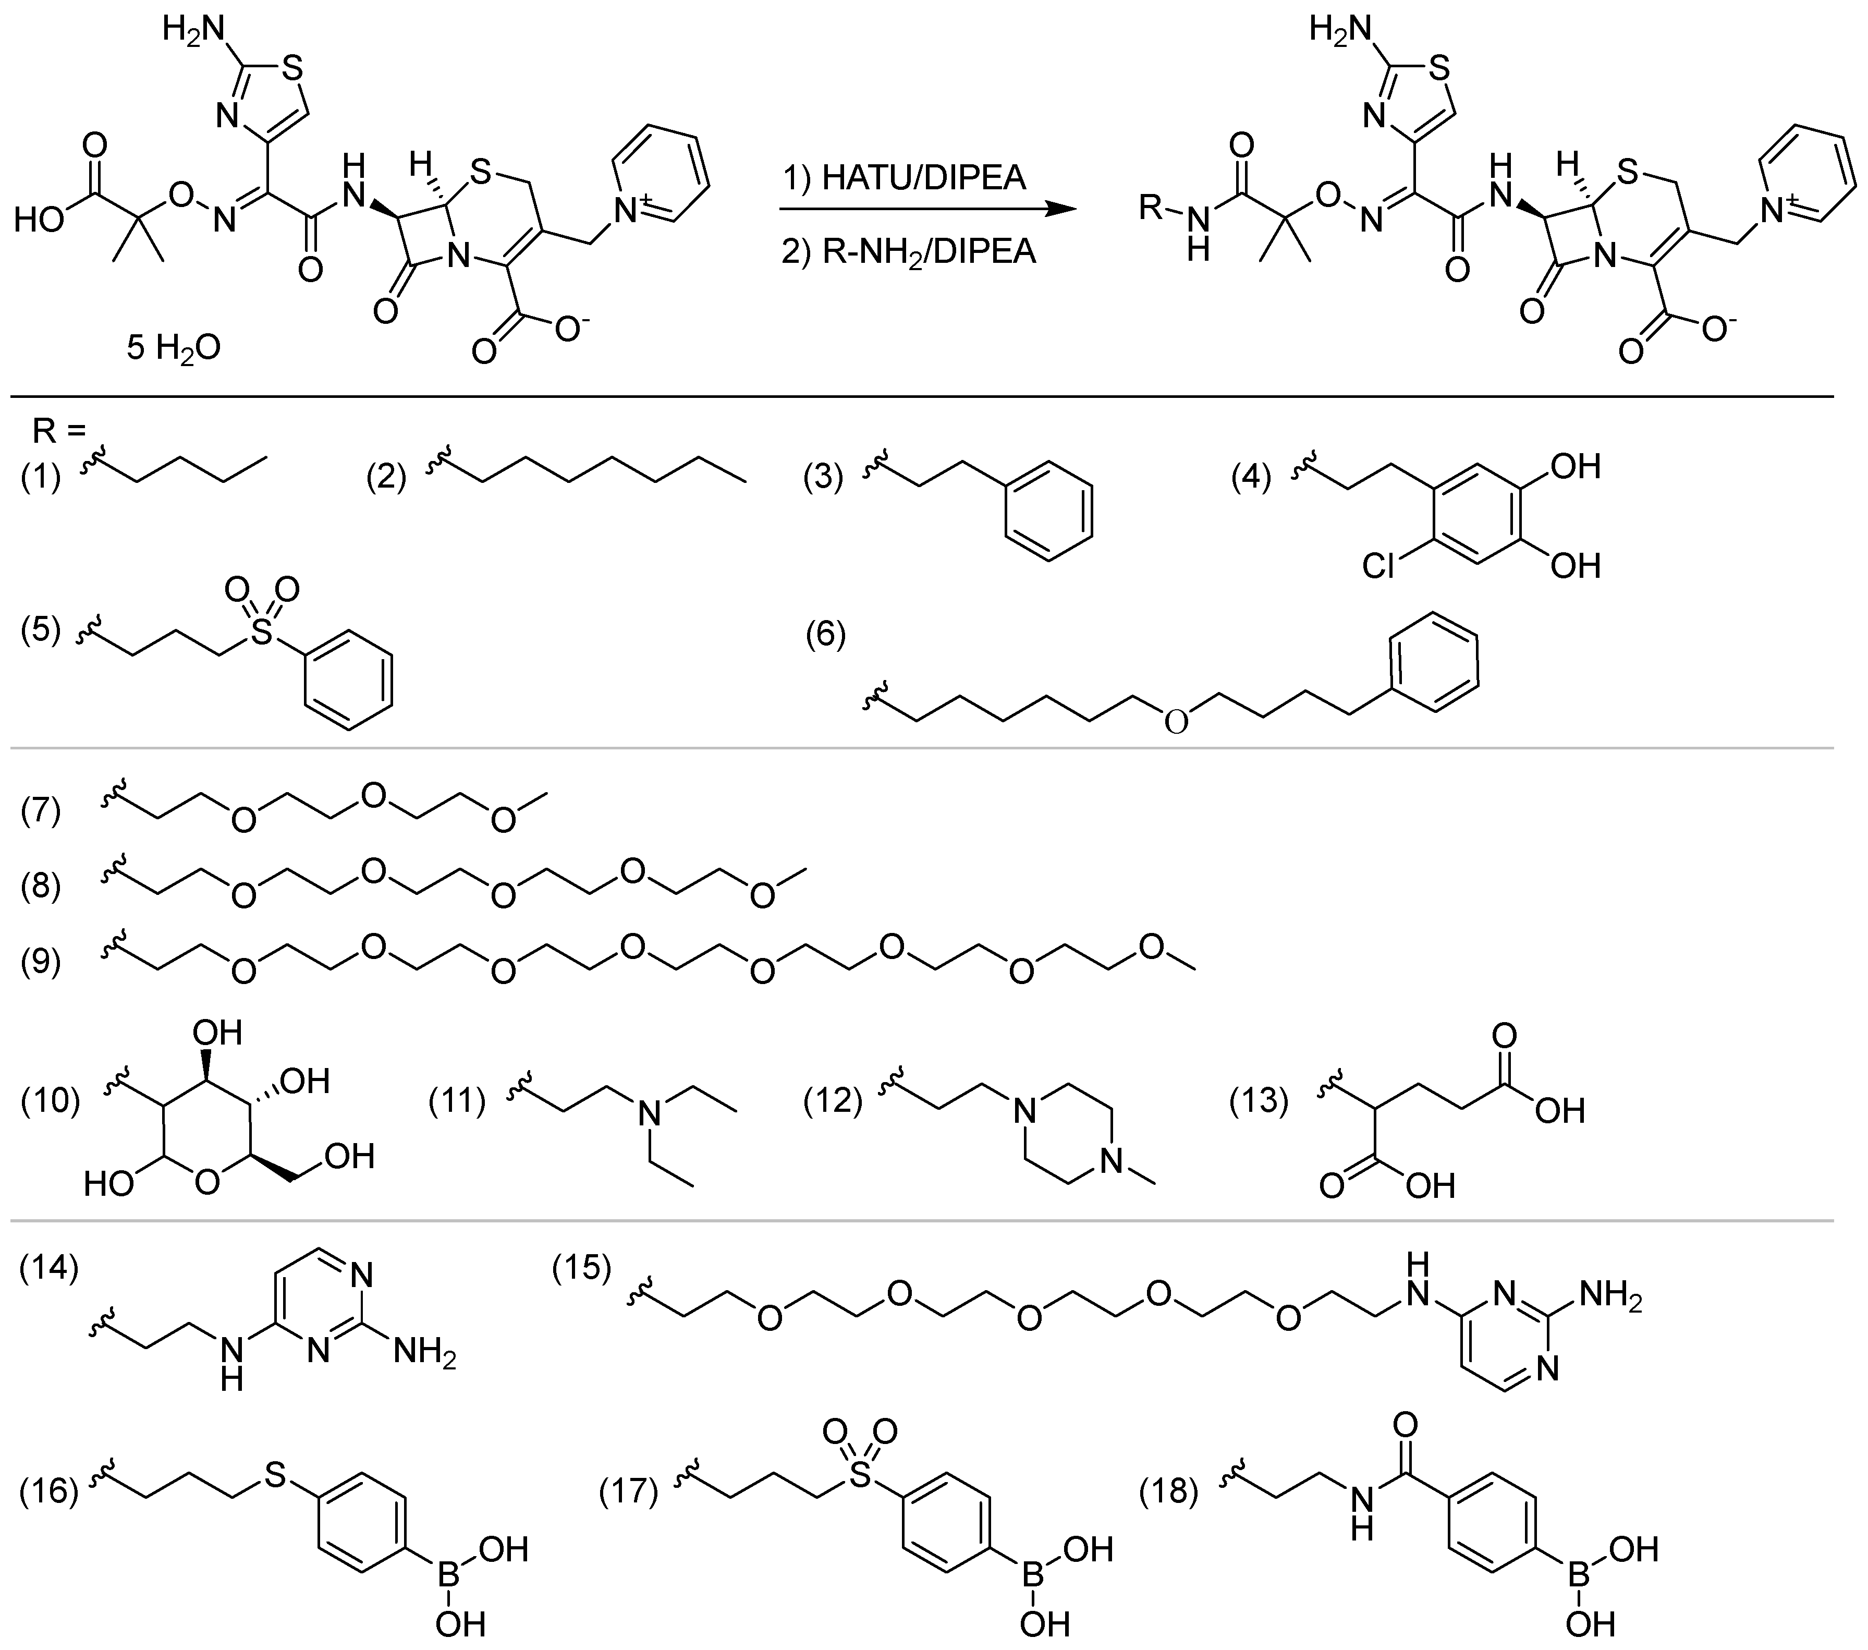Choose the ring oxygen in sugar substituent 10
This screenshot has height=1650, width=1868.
point(207,1184)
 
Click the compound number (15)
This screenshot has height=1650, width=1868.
point(581,1268)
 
